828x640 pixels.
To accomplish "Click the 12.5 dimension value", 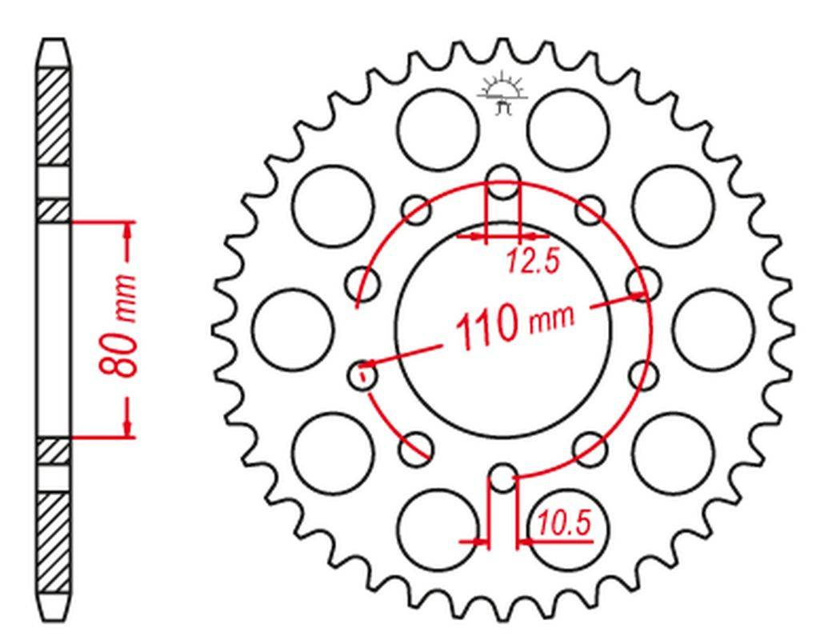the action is coord(533,262).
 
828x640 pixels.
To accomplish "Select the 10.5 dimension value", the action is coord(563,524).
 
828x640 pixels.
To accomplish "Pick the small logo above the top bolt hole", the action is coord(502,95).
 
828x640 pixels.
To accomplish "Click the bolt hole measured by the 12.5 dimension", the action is coord(502,182).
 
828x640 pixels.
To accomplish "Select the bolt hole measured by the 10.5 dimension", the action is coord(502,478).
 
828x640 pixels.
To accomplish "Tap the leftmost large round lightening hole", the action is coord(293,330).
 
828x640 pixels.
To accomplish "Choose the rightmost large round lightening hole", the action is coord(714,330).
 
